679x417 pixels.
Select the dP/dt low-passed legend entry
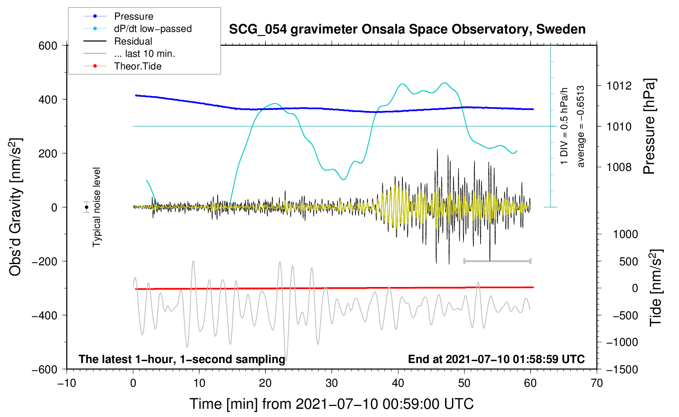(x=153, y=29)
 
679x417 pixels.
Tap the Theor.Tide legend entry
(x=137, y=66)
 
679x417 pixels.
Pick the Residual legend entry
(x=133, y=41)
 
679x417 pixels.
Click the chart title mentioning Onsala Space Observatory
(x=407, y=29)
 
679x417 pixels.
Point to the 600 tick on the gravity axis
(x=48, y=46)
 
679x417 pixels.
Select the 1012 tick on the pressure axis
(x=619, y=86)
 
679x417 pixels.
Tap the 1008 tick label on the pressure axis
(x=619, y=167)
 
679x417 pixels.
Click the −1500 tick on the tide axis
(x=622, y=370)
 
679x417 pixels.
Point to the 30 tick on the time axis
(x=332, y=383)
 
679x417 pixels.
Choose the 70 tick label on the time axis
(x=597, y=383)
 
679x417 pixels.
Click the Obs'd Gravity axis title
(x=15, y=207)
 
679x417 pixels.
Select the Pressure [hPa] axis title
(x=649, y=126)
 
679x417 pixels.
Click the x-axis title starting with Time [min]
(x=331, y=404)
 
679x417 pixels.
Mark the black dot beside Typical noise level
(x=87, y=207)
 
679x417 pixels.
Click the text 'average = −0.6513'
(x=581, y=126)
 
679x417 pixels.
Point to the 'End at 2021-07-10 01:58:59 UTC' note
(x=496, y=359)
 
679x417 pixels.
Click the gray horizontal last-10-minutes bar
(x=497, y=261)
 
